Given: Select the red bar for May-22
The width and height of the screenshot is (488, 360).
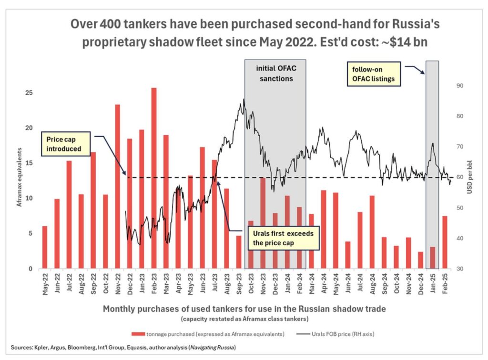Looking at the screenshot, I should (45, 247).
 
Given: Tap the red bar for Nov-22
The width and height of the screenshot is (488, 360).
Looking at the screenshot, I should (117, 186).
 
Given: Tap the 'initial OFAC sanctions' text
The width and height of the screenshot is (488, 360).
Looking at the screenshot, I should (275, 72).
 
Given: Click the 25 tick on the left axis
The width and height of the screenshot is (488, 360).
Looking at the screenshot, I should (28, 93).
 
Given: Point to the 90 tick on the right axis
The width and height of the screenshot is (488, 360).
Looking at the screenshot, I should (461, 86).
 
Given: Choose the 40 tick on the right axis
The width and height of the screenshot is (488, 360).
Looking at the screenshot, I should (461, 238).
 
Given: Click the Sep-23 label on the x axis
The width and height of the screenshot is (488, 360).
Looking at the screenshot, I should (239, 285).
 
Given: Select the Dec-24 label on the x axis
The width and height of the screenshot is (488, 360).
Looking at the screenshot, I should (420, 285).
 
